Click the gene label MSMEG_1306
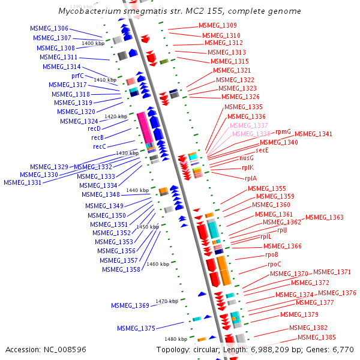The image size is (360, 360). pyautogui.click(x=49, y=29)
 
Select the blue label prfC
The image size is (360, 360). pyautogui.click(x=78, y=76)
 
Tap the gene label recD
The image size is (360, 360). pyautogui.click(x=94, y=128)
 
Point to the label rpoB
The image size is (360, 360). pyautogui.click(x=272, y=255)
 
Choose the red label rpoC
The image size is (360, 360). pyautogui.click(x=274, y=264)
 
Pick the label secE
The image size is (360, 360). pyautogui.click(x=262, y=150)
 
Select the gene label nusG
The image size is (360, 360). pyautogui.click(x=247, y=158)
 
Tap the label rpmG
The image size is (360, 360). pyautogui.click(x=283, y=131)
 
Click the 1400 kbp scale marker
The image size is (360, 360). pyautogui.click(x=93, y=44)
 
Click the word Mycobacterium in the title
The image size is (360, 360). pyautogui.click(x=88, y=11)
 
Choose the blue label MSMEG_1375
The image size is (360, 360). pyautogui.click(x=136, y=328)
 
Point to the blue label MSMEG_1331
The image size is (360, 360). pyautogui.click(x=23, y=182)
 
